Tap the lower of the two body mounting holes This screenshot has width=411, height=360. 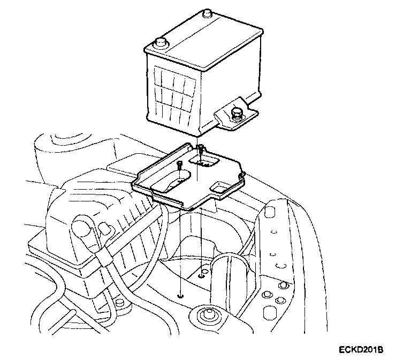tap(181, 295)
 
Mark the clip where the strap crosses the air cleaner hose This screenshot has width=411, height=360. tap(105, 262)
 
